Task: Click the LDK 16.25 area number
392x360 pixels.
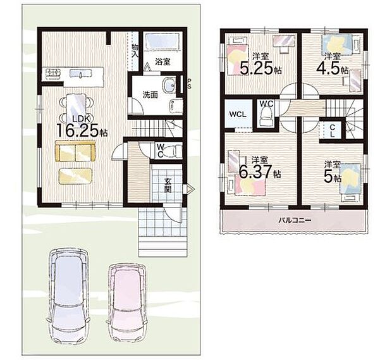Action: point(78,130)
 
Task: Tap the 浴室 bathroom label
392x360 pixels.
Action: point(162,62)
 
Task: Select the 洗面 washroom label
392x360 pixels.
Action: point(150,95)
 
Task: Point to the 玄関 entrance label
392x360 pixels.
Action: point(168,185)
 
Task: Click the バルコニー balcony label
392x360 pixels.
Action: point(295,220)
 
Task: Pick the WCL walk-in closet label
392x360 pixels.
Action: point(238,115)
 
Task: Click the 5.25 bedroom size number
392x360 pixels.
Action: point(256,68)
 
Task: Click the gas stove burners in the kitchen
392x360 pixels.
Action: point(53,73)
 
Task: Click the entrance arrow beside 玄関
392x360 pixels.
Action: point(190,189)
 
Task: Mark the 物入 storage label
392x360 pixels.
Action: point(135,51)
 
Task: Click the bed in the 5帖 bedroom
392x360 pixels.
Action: point(350,179)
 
